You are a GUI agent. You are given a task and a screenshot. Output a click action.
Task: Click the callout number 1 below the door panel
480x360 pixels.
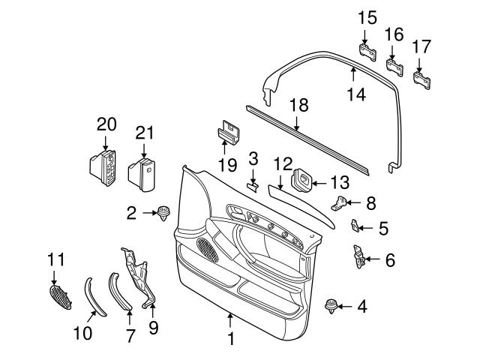(230, 339)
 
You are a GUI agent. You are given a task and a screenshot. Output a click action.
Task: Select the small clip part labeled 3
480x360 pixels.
(253, 185)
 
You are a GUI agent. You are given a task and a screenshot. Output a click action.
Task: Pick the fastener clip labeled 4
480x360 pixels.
(330, 307)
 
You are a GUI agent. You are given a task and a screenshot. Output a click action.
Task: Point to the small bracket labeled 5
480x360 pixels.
(357, 226)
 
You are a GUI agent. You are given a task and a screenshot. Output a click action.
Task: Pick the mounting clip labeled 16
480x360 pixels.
(393, 66)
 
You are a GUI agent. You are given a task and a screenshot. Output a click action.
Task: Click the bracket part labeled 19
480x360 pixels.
(229, 133)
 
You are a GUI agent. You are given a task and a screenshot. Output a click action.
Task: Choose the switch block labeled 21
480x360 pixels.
(142, 172)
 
